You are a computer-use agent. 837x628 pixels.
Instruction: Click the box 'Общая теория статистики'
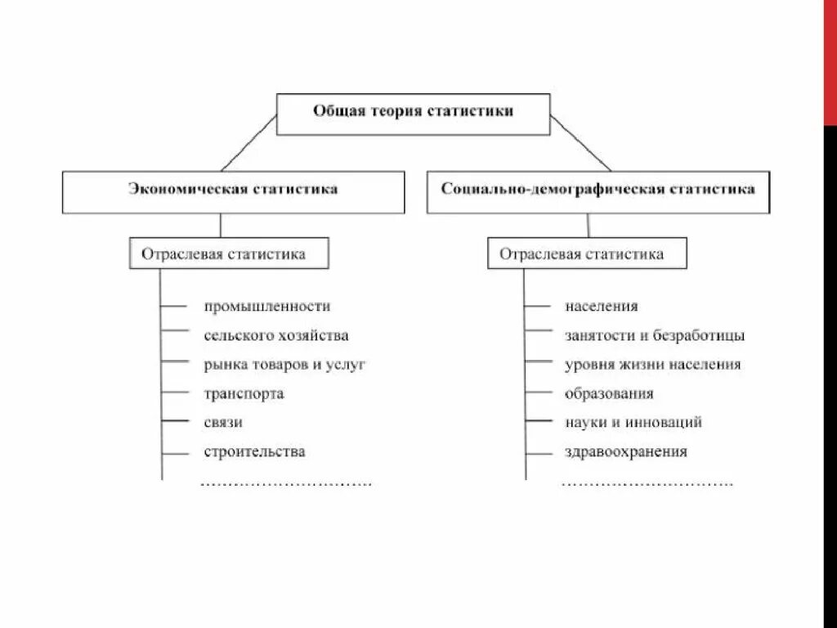(x=413, y=114)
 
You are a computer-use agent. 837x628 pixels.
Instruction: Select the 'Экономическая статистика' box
(x=233, y=191)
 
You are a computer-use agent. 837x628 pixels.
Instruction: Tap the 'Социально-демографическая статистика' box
(x=598, y=191)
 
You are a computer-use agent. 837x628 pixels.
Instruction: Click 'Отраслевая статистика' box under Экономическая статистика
(x=229, y=253)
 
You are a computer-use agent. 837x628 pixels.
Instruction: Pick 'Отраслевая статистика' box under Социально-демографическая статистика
(x=587, y=253)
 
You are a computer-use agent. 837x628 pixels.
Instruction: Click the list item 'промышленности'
(x=267, y=307)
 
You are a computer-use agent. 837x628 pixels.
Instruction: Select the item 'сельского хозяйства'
(x=276, y=335)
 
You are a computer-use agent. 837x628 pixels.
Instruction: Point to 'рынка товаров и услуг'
(x=284, y=365)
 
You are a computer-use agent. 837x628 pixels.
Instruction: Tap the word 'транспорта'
(x=244, y=393)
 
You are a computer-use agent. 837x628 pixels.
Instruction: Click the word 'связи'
(x=223, y=423)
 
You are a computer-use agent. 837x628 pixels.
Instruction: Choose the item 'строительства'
(x=255, y=451)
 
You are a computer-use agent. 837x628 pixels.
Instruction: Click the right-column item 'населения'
(x=601, y=307)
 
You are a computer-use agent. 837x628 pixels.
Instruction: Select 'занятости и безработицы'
(x=654, y=335)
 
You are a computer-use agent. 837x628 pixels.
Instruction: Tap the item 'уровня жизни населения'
(x=652, y=365)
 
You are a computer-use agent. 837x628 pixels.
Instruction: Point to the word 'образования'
(x=609, y=393)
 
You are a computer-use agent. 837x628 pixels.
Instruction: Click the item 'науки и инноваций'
(x=633, y=423)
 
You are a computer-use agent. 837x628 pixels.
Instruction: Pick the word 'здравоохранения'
(x=625, y=451)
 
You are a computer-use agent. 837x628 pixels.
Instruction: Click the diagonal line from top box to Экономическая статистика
(x=249, y=143)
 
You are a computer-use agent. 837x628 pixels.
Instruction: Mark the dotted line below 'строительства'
(x=286, y=484)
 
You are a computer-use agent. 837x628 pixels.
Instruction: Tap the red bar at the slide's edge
(x=830, y=61)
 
